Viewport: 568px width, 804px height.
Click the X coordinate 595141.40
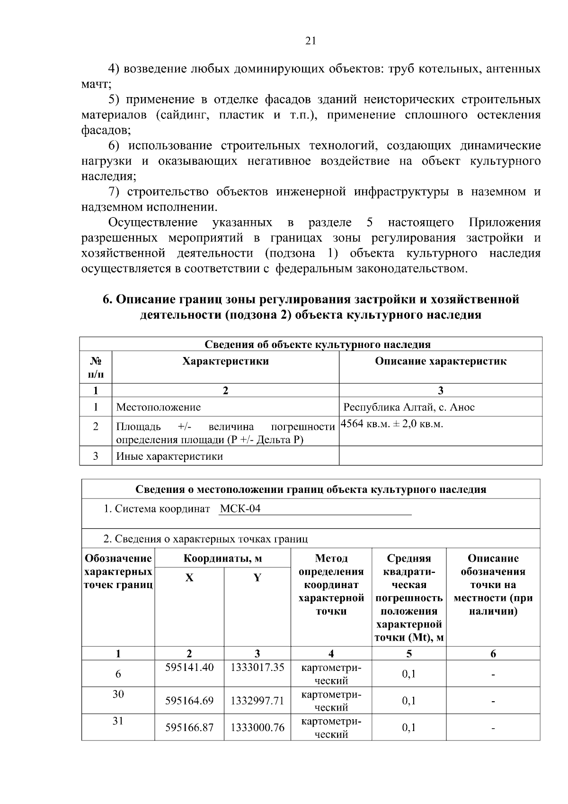189,667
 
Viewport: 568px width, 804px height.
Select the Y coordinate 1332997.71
257,700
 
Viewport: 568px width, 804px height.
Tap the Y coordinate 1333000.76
257,727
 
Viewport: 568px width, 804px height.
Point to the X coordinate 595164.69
189,700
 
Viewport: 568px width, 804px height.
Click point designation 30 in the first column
118,694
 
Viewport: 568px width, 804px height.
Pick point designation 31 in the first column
118,721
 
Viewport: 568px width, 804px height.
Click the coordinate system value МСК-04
240,509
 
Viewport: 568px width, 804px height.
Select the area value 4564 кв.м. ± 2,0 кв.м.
392,424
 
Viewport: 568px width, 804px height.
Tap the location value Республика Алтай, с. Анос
409,407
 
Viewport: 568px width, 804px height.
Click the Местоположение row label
159,407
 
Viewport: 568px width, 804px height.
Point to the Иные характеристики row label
169,456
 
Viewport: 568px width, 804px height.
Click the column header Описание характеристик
441,361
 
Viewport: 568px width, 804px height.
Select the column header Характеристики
225,361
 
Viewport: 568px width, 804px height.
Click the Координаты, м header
222,559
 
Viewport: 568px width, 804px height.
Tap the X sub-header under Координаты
189,578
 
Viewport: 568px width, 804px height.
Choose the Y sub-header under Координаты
257,578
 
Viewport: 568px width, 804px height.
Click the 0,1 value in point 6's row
409,673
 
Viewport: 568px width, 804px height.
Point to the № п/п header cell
96,367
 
